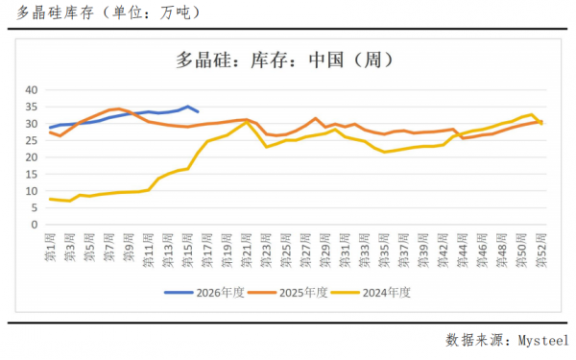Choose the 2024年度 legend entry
pyautogui.click(x=389, y=292)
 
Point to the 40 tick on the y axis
pyautogui.click(x=31, y=90)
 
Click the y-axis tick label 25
pyautogui.click(x=31, y=140)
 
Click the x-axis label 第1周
pyautogui.click(x=51, y=248)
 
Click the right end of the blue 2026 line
pyautogui.click(x=198, y=112)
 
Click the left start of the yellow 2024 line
pyautogui.click(x=50, y=199)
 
